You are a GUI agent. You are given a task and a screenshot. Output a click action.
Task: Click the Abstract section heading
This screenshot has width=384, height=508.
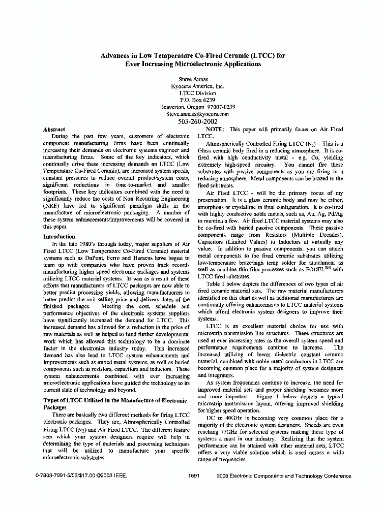click(54, 130)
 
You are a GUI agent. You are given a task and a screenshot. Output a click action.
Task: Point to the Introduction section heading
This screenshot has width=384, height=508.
click(59, 236)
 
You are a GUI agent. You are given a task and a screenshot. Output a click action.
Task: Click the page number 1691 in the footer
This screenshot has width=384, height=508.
click(194, 476)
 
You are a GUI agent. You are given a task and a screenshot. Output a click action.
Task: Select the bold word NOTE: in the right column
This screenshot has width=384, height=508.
click(216, 130)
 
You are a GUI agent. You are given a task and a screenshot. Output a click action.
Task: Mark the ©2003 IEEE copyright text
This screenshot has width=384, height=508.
click(110, 476)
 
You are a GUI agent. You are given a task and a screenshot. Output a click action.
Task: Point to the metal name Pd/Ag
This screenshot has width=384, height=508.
click(335, 214)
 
